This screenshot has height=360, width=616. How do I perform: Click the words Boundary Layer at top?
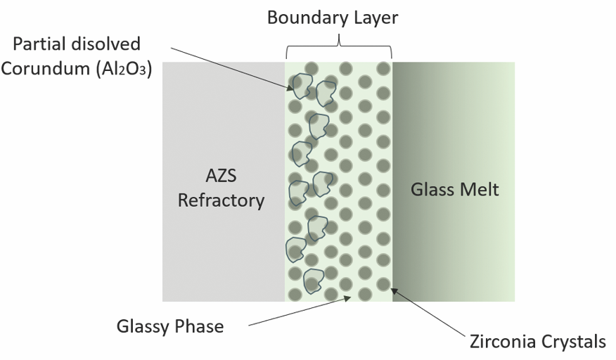click(x=333, y=18)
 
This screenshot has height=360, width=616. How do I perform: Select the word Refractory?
click(x=221, y=200)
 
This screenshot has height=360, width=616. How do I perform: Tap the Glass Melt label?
click(x=454, y=189)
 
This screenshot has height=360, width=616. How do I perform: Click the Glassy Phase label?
click(x=171, y=326)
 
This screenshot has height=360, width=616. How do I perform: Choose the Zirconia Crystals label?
click(x=537, y=342)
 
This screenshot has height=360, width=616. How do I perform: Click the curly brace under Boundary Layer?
click(x=339, y=50)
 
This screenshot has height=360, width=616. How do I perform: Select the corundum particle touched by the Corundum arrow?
click(x=302, y=86)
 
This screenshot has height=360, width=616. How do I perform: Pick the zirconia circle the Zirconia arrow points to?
click(x=383, y=284)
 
